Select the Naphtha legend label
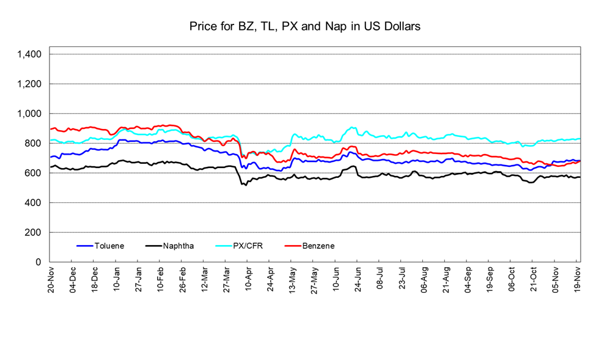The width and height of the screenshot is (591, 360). (x=178, y=246)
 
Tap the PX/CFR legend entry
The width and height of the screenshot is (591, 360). (x=248, y=246)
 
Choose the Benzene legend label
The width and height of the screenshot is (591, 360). (x=318, y=246)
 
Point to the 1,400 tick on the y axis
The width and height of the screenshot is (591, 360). (x=29, y=54)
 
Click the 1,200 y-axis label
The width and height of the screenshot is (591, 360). (x=29, y=84)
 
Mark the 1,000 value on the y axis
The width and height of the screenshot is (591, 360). (x=29, y=114)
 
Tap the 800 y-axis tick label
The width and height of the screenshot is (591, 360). (x=33, y=144)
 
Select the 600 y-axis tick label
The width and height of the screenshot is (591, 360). (x=33, y=173)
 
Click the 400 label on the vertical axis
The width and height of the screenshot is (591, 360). (x=33, y=203)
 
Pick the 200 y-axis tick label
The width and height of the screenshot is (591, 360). (x=33, y=233)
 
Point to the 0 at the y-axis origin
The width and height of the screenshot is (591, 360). (x=39, y=262)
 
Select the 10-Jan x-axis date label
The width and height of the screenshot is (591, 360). (x=117, y=278)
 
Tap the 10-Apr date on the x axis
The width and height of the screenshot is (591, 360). (x=248, y=278)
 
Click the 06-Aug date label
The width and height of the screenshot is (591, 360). (x=424, y=278)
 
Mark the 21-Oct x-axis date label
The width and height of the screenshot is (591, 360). (x=534, y=278)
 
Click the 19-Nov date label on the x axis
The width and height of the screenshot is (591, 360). (x=578, y=278)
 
